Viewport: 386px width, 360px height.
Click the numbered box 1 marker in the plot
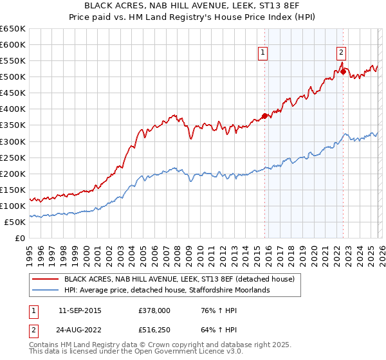[x=264, y=53]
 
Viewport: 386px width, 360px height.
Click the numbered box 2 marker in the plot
[x=341, y=53]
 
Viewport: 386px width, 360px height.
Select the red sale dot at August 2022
[x=343, y=71]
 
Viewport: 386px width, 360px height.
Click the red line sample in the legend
[x=46, y=279]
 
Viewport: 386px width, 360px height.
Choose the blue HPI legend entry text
[x=167, y=291]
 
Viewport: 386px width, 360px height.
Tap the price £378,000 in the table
[x=154, y=310]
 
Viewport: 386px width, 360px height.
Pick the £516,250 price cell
[x=154, y=331]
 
